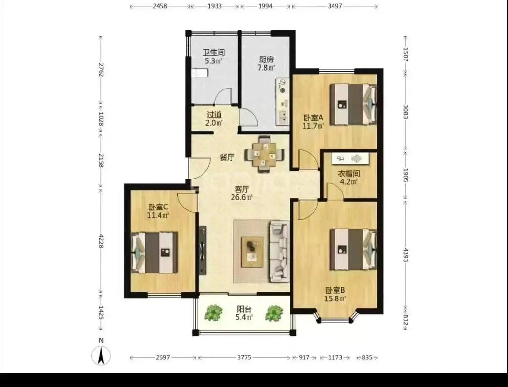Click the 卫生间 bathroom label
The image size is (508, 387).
pos(214,53)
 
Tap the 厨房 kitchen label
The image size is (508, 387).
pos(266,60)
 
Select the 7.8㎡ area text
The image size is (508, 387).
pos(266,68)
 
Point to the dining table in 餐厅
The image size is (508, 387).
pos(264,154)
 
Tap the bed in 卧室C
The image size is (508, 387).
pos(155,252)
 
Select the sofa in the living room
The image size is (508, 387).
pos(279,251)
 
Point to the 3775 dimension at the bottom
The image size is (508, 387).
pos(244,357)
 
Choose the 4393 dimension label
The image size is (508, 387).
pos(406,254)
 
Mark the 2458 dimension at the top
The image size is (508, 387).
pos(160,6)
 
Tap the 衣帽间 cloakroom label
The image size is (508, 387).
pos(348,174)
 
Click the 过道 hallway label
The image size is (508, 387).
pos(214,115)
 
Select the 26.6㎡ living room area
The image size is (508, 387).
pos(242,197)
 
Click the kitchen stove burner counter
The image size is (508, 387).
pos(282,101)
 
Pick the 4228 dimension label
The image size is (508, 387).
pos(101,241)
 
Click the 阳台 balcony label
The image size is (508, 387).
pos(244,309)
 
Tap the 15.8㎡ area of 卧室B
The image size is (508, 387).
pos(335,298)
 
